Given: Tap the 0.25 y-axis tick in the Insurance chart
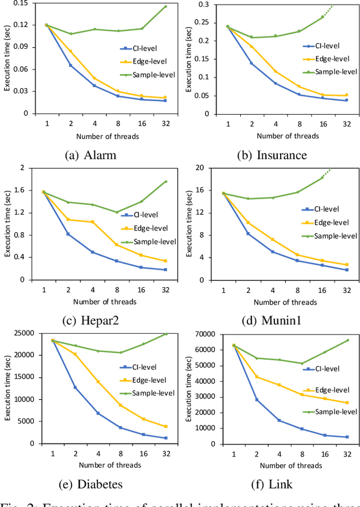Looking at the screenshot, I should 202,23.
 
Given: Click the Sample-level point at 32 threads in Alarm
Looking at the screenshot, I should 165,7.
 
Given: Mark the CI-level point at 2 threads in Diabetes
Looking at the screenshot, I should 75,387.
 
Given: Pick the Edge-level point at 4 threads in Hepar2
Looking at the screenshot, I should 92,222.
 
